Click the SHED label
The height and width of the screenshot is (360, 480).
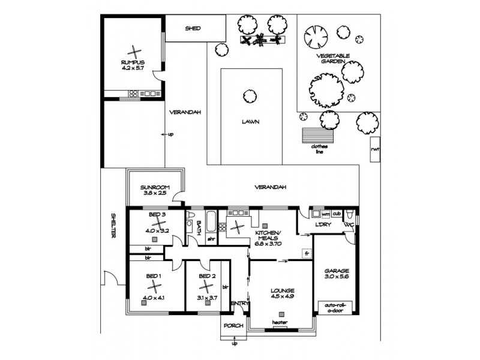(192, 28)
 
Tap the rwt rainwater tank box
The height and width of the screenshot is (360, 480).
(374, 149)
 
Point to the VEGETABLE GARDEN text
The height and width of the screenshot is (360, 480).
(334, 58)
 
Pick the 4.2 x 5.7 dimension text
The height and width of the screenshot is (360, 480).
(133, 68)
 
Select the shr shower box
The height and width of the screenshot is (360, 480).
(211, 238)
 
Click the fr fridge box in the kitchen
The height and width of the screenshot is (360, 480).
(307, 253)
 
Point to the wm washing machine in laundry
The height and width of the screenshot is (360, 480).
(326, 214)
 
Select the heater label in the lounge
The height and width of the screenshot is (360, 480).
(280, 323)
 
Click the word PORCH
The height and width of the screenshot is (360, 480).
(233, 326)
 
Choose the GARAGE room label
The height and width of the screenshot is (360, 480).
(336, 271)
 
